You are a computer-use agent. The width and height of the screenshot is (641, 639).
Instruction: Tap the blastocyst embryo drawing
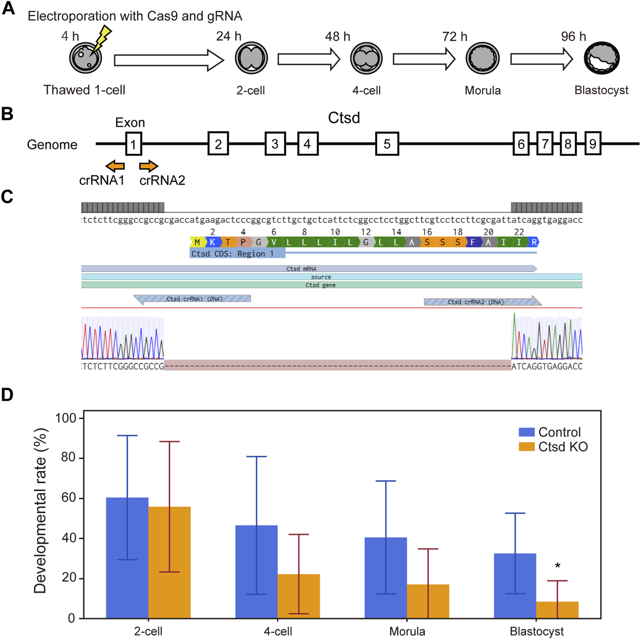601,58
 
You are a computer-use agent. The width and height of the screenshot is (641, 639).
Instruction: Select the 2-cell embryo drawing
251,58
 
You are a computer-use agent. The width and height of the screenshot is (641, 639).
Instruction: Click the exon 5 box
387,144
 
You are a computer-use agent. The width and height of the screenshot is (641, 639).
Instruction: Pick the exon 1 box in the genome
133,144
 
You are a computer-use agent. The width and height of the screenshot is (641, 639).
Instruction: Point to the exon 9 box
593,144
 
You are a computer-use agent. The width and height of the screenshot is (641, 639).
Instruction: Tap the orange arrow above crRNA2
149,166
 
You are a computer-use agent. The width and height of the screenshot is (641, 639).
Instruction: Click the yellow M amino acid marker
197,242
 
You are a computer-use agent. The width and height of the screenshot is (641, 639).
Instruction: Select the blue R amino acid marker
534,242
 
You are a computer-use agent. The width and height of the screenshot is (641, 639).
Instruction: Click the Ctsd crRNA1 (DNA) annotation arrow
193,299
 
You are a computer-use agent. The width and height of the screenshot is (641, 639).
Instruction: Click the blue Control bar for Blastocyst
515,585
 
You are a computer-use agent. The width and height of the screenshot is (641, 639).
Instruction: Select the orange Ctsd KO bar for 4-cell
299,596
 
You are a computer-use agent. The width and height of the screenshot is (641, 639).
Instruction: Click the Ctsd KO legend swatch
527,447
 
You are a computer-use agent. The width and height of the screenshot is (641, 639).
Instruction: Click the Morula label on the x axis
407,631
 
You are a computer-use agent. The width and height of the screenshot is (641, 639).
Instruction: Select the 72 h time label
455,37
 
